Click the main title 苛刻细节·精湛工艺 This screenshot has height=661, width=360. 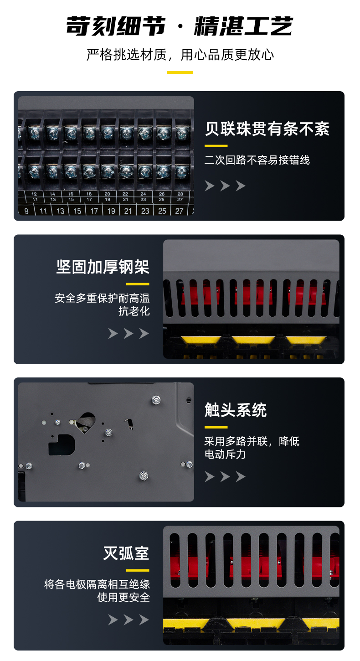tap(180, 26)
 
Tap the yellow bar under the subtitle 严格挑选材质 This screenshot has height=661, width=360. tap(180, 72)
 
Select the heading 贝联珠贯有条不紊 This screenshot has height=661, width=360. tap(267, 129)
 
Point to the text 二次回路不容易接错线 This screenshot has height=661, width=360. tap(257, 160)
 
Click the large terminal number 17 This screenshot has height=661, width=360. tap(94, 211)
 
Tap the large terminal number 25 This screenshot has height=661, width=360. tap(162, 211)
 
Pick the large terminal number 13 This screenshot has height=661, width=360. tap(60, 211)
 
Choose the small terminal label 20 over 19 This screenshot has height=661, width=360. tap(108, 196)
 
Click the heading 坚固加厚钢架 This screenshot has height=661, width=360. tap(103, 267)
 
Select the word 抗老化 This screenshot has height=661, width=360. tap(134, 311)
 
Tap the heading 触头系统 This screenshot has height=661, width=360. tap(236, 410)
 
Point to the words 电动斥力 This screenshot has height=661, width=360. tap(225, 454)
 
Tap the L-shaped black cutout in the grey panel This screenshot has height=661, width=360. tap(61, 445)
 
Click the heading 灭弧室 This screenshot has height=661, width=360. tap(126, 553)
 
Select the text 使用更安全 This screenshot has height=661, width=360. tap(123, 598)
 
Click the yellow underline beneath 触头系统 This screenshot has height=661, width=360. tap(216, 427)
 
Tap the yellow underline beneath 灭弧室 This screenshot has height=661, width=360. tap(138, 570)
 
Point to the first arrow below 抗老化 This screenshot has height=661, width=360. tap(113, 333)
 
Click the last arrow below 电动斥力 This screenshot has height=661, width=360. tap(241, 476)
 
